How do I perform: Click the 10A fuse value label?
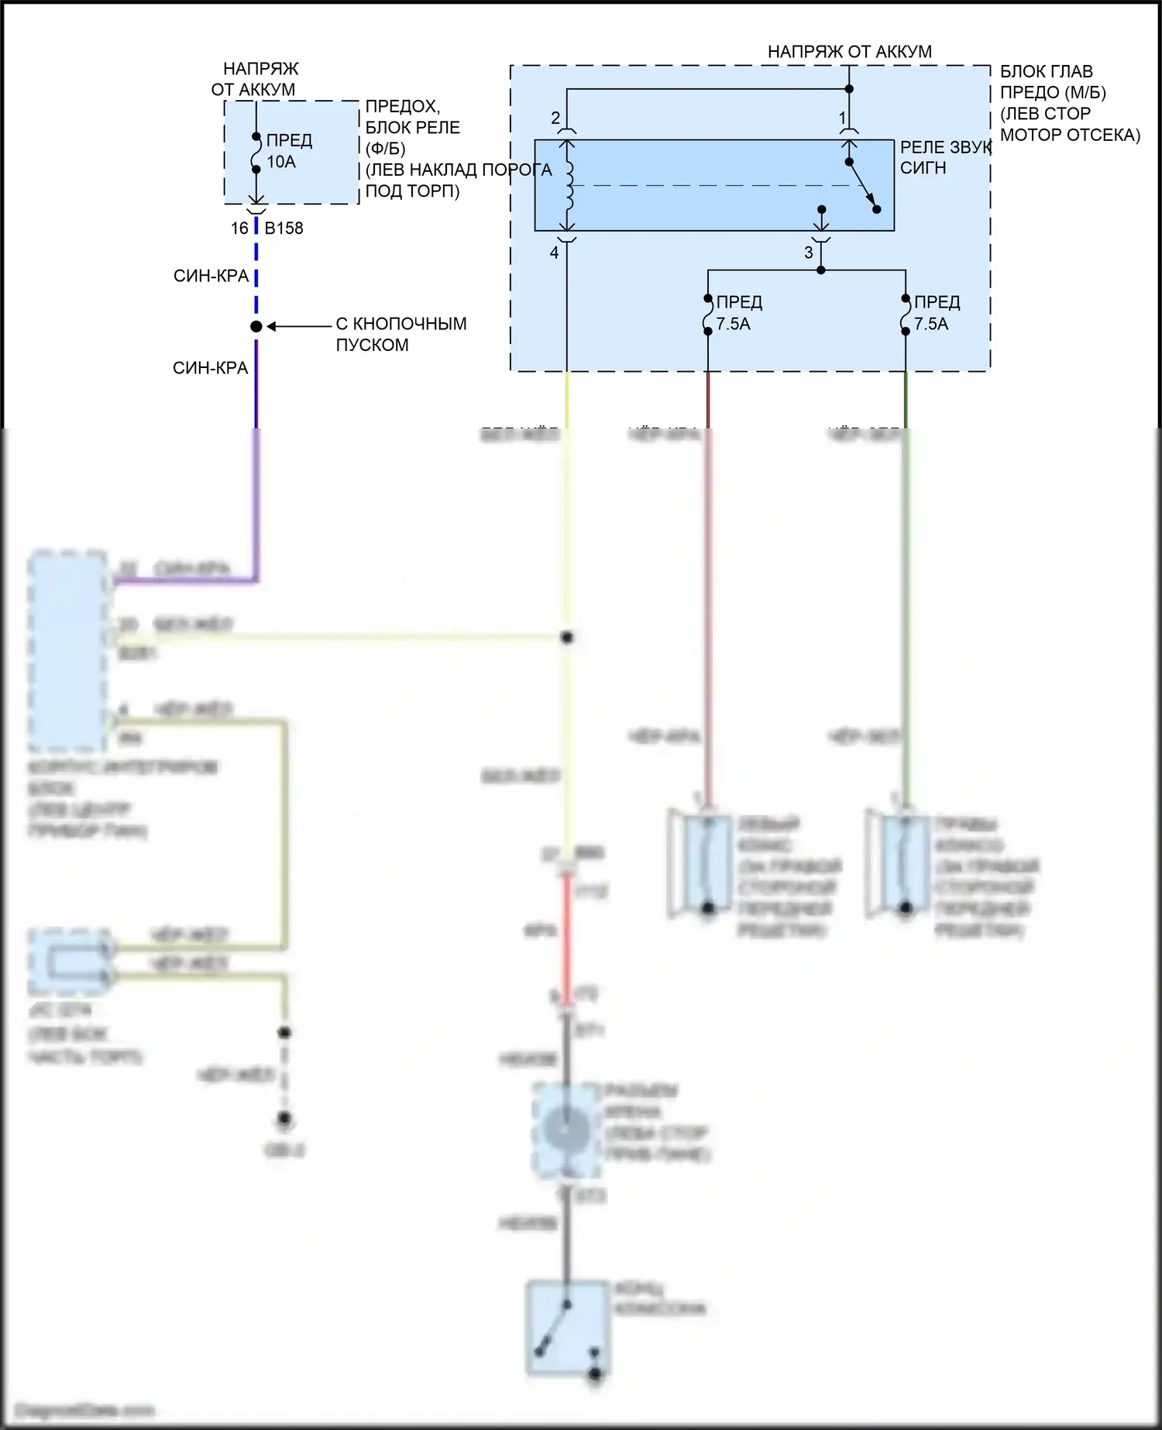tap(281, 162)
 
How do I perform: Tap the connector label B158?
tap(284, 229)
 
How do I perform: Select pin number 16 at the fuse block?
tap(239, 229)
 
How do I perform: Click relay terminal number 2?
tap(555, 119)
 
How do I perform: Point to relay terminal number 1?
tap(843, 119)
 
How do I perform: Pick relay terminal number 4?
tap(555, 253)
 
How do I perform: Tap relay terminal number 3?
tap(809, 253)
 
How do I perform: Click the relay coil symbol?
tap(569, 186)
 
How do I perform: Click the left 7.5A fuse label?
tap(734, 324)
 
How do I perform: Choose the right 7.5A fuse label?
tap(931, 324)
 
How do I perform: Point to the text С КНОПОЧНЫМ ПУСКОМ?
tap(401, 334)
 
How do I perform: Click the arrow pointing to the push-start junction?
tap(298, 327)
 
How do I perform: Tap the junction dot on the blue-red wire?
tap(256, 327)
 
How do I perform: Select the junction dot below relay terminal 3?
tap(821, 270)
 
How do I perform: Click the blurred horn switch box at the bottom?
tap(567, 1329)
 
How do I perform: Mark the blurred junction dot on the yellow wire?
tap(567, 638)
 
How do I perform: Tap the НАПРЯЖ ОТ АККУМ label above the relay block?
tap(850, 52)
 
